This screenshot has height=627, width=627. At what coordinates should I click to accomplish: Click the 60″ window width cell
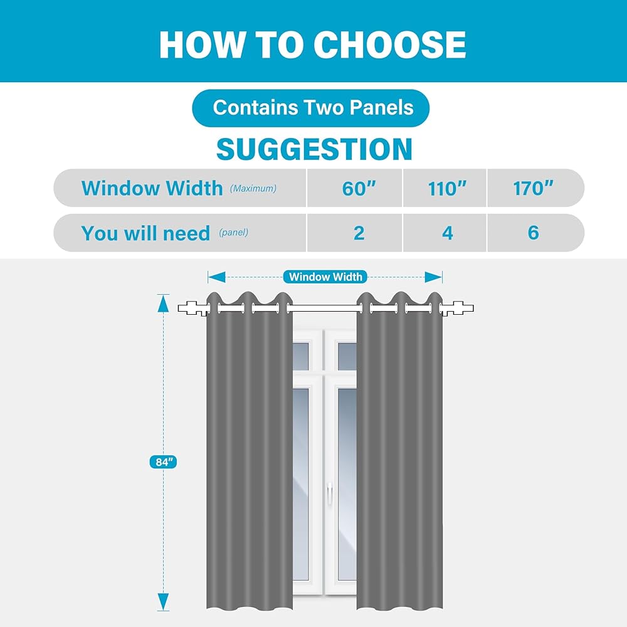355,188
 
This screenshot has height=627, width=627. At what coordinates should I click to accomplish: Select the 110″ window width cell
445,188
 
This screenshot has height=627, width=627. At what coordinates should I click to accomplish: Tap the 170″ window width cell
535,188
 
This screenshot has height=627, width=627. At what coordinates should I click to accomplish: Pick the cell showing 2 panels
355,233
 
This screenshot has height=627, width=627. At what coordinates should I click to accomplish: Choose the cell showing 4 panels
445,233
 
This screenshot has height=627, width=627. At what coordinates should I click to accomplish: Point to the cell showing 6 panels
535,233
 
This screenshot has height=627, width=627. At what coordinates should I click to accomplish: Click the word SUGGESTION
314,149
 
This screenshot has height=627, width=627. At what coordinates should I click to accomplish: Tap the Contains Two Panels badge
311,108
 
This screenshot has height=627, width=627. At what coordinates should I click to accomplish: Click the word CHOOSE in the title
390,45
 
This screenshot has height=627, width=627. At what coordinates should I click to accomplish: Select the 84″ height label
163,462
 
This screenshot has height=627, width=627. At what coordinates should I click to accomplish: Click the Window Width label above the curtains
325,277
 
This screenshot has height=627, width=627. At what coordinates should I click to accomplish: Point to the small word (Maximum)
253,188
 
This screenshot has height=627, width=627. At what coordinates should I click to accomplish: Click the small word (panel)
233,233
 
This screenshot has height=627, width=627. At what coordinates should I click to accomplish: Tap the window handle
330,492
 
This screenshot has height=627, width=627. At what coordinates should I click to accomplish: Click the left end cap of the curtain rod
194,308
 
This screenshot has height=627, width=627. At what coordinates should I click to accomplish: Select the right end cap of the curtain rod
457,308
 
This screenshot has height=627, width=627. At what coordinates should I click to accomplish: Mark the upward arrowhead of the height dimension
163,303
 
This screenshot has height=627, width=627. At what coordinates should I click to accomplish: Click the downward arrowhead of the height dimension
163,602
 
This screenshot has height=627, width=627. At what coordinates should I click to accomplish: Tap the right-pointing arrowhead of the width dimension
433,277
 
